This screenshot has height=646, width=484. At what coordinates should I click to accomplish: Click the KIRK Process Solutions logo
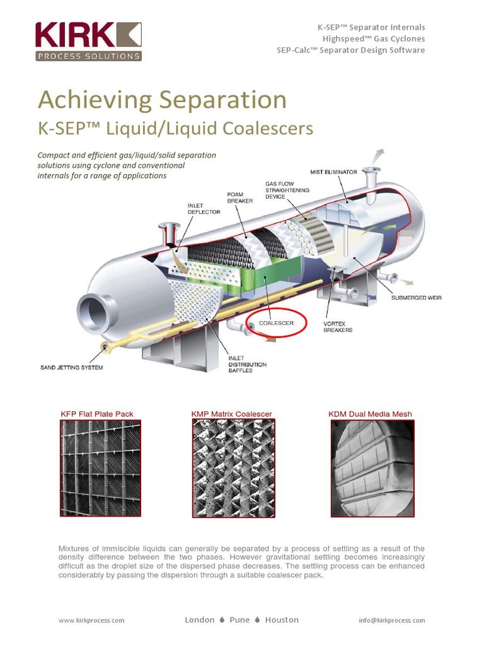(88, 42)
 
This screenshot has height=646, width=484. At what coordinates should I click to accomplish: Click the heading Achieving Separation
(163, 100)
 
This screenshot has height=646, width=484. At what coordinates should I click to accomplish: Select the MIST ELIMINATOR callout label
(333, 172)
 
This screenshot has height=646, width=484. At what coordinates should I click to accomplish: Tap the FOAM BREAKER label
(239, 197)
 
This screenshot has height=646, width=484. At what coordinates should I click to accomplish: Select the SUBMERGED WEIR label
(417, 298)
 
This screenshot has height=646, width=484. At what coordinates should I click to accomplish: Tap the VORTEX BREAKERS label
(338, 326)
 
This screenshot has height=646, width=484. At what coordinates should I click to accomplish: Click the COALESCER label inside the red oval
(276, 323)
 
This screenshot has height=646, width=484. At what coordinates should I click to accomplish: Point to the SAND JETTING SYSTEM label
(71, 367)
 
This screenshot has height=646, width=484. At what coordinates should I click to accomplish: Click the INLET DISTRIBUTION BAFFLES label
(247, 364)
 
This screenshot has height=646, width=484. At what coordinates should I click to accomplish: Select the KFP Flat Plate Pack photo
(100, 468)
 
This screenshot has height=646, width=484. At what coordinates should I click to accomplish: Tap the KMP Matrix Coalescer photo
(231, 468)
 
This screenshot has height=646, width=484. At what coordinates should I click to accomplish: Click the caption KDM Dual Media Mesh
(370, 414)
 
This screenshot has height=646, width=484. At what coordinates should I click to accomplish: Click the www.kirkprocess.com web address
(91, 620)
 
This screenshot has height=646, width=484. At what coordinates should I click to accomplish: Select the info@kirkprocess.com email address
(392, 620)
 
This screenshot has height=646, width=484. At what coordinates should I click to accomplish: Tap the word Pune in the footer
(240, 620)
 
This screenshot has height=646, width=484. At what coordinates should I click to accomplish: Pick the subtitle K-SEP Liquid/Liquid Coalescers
(176, 129)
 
